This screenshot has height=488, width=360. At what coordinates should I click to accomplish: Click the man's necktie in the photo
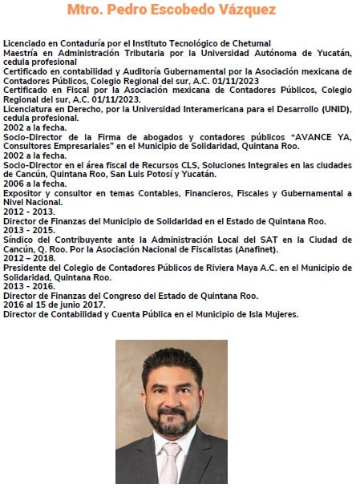tap(170, 462)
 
